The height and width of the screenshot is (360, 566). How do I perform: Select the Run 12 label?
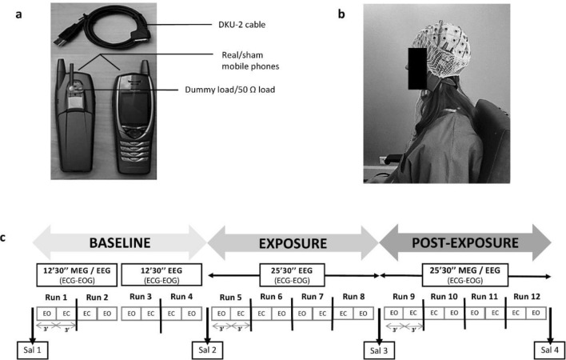coord(526,297)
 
